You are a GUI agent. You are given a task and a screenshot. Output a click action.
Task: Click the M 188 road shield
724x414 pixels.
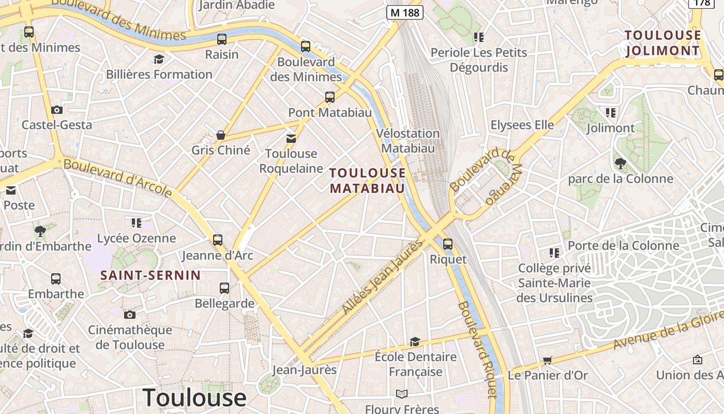[405, 12]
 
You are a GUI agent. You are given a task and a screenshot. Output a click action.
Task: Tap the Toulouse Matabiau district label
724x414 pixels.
[368, 180]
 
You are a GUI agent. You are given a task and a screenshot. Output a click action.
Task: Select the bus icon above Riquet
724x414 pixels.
[448, 244]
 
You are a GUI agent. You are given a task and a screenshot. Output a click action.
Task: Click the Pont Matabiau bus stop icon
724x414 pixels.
[329, 97]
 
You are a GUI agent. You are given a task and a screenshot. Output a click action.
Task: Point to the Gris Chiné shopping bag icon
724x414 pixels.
[221, 136]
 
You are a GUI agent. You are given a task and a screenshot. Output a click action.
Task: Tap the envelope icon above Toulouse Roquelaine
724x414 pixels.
[291, 138]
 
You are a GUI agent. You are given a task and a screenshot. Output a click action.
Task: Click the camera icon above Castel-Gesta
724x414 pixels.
[57, 110]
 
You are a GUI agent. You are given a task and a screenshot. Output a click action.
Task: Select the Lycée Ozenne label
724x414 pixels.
[137, 238]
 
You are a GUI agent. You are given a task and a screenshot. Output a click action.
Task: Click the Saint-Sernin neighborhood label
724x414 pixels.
[150, 275]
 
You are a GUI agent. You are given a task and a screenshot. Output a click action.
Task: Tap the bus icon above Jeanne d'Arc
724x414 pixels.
[218, 240]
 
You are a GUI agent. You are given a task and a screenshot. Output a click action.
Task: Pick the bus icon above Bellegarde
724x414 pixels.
[224, 288]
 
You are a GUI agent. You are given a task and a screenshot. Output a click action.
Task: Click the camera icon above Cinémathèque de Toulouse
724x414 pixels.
[130, 315]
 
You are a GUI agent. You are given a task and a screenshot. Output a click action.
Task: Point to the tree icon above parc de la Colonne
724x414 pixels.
[621, 164]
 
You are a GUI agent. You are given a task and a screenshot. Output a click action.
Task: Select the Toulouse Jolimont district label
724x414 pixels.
[663, 43]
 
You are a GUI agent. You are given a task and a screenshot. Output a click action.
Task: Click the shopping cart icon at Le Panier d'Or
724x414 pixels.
[548, 360]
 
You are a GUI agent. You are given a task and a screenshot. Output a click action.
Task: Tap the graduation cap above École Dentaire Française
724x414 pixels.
[415, 342]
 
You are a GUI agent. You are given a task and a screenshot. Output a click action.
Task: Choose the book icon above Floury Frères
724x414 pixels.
[402, 394]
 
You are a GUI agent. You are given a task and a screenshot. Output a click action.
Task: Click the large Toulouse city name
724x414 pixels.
[194, 397]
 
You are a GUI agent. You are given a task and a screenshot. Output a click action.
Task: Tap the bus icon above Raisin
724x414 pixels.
[222, 39]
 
